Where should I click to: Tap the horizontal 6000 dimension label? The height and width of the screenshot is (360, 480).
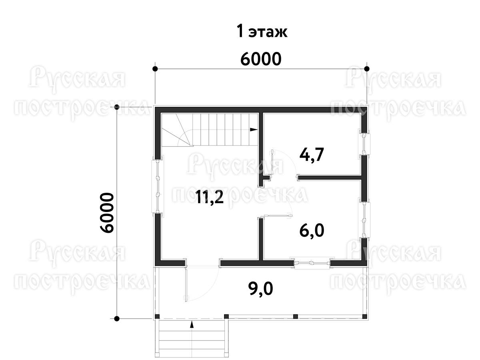261,59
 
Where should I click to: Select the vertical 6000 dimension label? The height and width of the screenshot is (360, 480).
107,213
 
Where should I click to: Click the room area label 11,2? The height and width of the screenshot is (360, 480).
210,197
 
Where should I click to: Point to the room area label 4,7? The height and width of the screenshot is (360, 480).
311,155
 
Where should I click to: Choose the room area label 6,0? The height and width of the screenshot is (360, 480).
312,231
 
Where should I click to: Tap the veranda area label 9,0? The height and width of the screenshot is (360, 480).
261,289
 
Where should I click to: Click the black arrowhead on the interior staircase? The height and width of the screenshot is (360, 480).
254,129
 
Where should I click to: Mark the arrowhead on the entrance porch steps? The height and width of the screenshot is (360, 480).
192,324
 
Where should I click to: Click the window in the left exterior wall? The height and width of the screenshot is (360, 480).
158,186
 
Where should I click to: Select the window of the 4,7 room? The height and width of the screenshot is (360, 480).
364,144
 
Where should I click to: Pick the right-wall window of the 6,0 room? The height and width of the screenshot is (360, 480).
364,220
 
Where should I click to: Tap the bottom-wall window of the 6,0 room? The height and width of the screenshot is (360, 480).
312,263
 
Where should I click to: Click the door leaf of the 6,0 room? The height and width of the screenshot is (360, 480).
278,216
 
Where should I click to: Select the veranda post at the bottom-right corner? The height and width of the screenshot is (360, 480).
364,316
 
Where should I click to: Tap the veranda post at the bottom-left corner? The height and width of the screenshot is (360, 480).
157,316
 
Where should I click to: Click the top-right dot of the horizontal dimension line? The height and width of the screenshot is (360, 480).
367,69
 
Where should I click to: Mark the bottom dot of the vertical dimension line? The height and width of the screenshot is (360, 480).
117,318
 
